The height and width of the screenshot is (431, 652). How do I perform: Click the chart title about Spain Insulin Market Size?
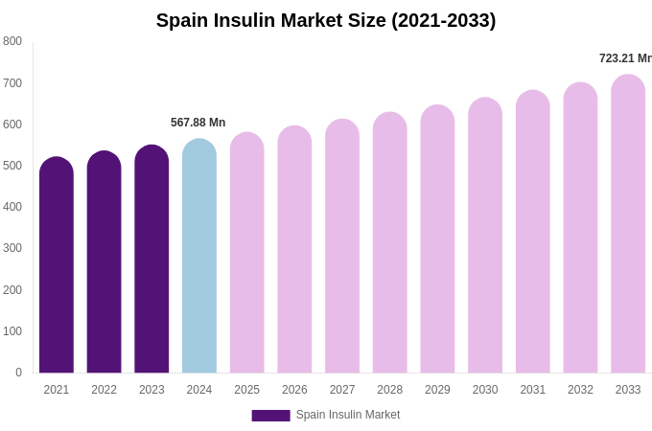point(326,20)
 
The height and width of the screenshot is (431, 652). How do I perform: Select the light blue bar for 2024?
point(199,259)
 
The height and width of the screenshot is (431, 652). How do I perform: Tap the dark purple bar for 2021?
point(57,268)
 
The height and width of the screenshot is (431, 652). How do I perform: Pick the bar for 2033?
point(628,225)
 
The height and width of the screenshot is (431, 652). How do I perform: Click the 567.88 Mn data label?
point(198,123)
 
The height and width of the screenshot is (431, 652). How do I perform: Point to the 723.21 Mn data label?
point(625,58)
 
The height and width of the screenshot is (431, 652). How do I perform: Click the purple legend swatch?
point(270,416)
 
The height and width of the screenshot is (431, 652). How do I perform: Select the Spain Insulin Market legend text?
point(348,415)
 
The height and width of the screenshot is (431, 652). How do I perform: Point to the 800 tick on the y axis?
point(12,41)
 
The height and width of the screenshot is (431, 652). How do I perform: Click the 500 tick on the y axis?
point(12,166)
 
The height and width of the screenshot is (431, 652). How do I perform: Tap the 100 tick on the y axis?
point(12,331)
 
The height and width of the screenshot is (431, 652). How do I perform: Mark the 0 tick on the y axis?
point(18,373)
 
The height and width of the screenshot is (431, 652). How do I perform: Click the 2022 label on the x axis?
point(104,390)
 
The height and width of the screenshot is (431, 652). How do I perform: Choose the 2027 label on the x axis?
point(342,390)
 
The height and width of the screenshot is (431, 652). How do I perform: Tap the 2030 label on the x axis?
point(485,390)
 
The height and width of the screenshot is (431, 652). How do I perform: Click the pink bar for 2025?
point(246,254)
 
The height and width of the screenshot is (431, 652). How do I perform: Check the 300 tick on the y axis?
point(12,248)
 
